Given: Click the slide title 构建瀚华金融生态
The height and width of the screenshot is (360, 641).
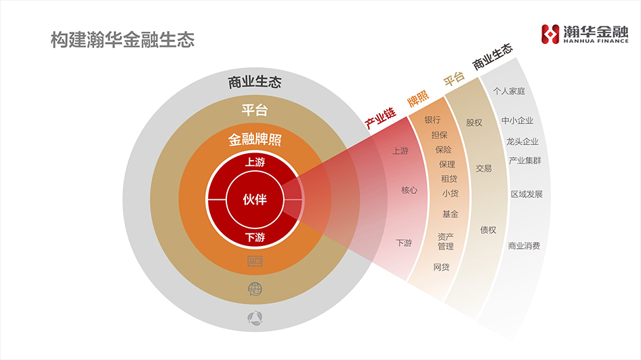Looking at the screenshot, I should point(123,40).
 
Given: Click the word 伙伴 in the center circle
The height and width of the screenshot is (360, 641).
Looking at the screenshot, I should point(255,200).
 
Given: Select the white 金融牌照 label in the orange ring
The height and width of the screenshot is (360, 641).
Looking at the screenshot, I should point(255,140).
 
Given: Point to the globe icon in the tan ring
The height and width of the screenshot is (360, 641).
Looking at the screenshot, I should point(255,289).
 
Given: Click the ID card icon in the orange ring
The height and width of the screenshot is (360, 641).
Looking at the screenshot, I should point(255,260).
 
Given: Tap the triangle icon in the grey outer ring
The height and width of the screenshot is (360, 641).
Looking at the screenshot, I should point(255,317).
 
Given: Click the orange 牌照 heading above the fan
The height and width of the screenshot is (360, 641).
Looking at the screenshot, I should point(418,99).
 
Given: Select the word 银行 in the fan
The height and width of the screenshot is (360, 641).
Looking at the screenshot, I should point(433,120).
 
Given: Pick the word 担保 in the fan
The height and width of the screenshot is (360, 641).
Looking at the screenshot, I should point(440,135).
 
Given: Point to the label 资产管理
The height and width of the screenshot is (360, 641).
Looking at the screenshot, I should point(446,241).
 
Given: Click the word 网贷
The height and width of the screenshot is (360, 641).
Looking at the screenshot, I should point(441,267).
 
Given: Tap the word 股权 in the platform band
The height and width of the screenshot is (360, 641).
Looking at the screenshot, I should point(474,123).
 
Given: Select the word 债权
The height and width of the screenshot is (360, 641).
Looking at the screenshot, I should point(488,230).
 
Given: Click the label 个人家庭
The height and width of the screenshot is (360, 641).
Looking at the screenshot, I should point(510,90).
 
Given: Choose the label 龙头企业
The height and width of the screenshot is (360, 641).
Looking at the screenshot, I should point(522,142).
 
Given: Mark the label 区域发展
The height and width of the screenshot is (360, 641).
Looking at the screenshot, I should point(526,194).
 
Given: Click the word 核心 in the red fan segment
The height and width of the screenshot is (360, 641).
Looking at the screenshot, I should point(409,191).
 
